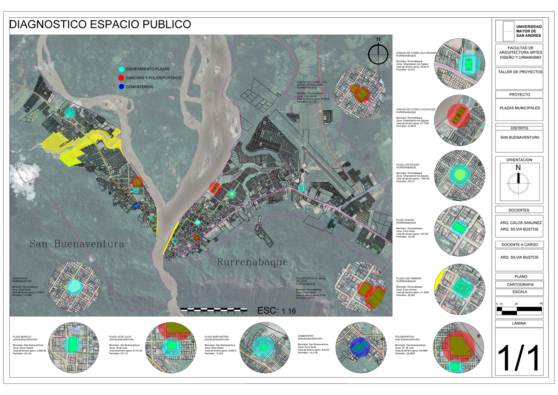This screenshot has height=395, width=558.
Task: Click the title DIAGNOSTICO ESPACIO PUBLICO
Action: pyautogui.click(x=100, y=24)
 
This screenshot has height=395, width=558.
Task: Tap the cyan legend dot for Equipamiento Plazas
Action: pyautogui.click(x=122, y=69)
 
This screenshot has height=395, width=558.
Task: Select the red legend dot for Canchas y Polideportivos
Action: pyautogui.click(x=122, y=78)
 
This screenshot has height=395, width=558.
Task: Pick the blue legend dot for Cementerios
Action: pyautogui.click(x=122, y=87)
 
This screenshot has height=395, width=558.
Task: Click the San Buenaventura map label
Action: pyautogui.click(x=77, y=244)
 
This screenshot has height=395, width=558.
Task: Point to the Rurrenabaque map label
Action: pyautogui.click(x=252, y=262)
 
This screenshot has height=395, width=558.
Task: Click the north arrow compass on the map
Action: pyautogui.click(x=379, y=54)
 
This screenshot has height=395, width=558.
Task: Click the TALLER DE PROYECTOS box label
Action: pyautogui.click(x=519, y=72)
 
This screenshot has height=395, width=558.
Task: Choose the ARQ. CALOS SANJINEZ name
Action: pyautogui.click(x=519, y=223)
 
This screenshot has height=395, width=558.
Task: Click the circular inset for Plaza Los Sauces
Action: pyautogui.click(x=459, y=174)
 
